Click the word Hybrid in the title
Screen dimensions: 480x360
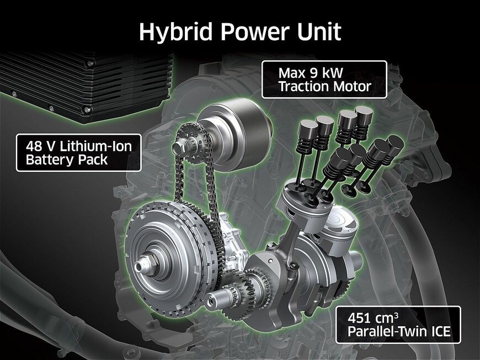175,31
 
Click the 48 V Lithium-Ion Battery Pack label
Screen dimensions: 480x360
79,152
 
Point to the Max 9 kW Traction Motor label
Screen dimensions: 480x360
324,80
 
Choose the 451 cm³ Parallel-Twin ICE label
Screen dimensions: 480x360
398,325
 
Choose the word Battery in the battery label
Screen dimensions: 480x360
50,160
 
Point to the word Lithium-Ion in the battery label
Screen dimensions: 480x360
96,146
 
